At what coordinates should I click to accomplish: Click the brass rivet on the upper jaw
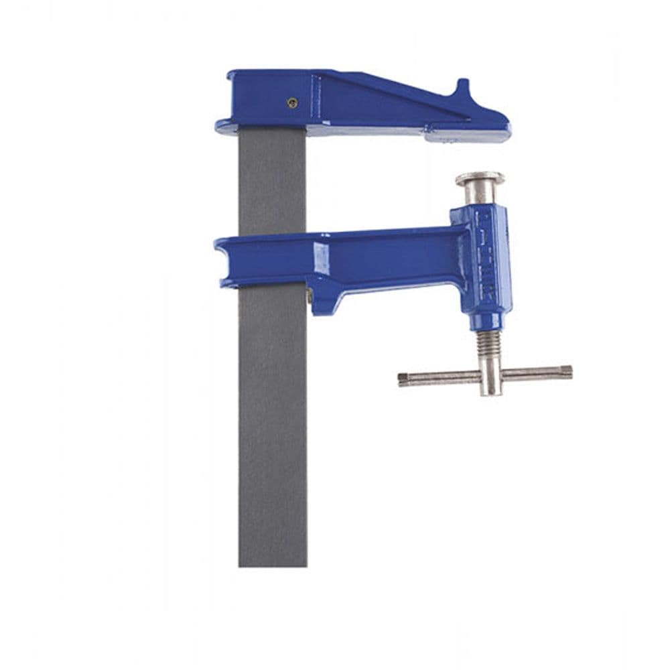tap(291, 103)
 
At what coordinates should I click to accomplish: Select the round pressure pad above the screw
tap(480, 178)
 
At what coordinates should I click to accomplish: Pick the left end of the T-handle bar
tap(402, 379)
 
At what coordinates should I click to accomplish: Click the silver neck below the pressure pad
tap(480, 195)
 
